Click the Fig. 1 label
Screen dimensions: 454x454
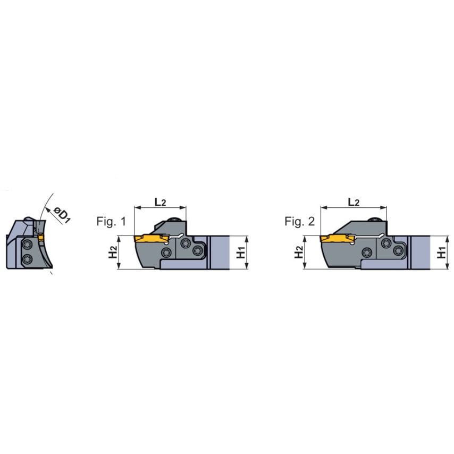111,222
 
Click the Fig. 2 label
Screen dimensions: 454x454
299,222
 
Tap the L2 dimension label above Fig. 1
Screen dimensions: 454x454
160,202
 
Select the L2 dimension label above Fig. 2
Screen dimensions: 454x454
354,202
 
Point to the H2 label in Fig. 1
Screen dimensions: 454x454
113,252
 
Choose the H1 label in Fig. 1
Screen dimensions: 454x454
241,252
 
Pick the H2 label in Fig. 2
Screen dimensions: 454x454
299,252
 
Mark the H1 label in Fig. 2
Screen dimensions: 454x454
442,252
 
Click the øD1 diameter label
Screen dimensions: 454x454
61,215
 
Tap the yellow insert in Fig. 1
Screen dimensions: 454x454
151,239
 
